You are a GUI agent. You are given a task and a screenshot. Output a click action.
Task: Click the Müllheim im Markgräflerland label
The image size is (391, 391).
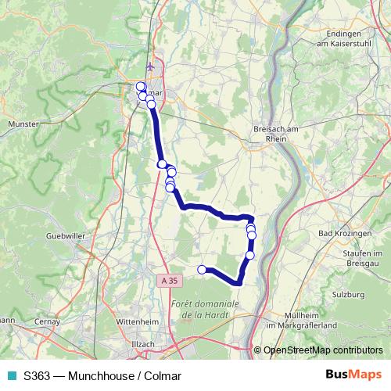point(306,320)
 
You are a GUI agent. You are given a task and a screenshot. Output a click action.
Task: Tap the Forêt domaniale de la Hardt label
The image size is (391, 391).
point(203,309)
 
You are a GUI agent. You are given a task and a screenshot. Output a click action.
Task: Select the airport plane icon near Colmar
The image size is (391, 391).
point(150,66)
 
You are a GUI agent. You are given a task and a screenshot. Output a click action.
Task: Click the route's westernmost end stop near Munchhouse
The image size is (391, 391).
point(202,270)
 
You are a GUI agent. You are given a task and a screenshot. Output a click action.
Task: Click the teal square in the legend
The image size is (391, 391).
point(11,375)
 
